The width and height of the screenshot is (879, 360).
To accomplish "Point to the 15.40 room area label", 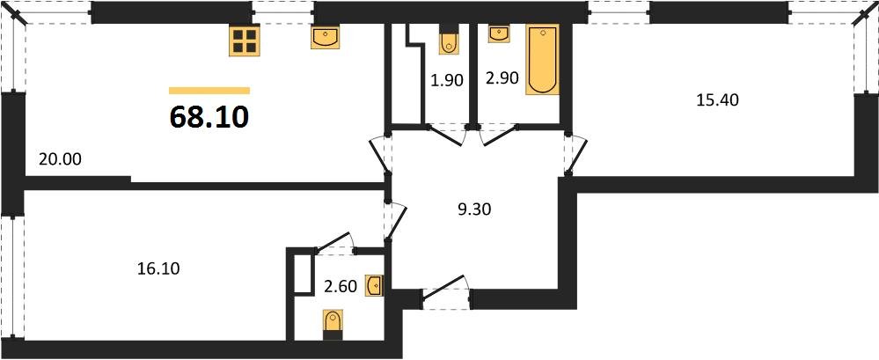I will [x=717, y=99].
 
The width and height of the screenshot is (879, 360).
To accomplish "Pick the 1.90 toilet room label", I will [x=446, y=80].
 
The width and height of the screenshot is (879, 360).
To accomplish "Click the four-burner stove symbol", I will [x=244, y=40].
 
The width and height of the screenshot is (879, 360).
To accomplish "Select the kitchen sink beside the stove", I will [x=325, y=38].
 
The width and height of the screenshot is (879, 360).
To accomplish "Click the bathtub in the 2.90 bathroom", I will [x=542, y=60].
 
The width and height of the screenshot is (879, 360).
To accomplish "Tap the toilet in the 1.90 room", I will [x=449, y=40].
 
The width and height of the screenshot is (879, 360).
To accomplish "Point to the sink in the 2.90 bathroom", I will [x=499, y=33].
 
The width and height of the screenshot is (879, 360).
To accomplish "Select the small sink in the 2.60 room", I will [x=375, y=284].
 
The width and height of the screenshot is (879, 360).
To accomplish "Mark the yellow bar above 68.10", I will [x=209, y=90].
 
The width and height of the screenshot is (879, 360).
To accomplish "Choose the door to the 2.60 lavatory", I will [x=333, y=242].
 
